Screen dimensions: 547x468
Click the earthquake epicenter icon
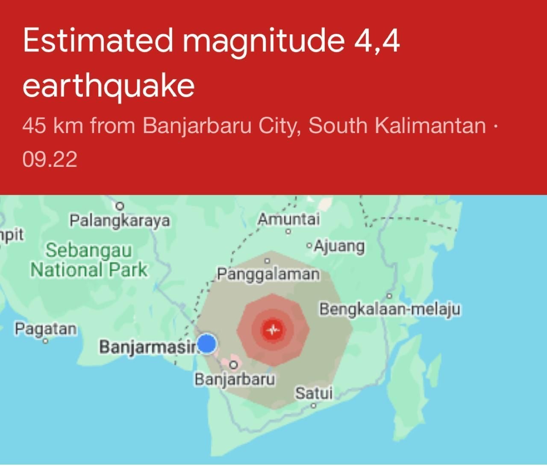point(273,330)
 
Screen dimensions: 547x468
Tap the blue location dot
point(207,344)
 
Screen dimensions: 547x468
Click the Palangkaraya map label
point(120,221)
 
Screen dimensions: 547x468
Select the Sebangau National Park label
point(89,260)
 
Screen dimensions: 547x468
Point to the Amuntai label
point(288,219)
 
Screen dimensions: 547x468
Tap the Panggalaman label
point(268,274)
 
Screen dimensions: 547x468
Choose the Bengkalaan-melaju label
point(390,308)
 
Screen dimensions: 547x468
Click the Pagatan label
point(46,329)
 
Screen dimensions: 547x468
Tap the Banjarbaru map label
point(235,379)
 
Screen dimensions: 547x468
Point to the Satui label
point(314,393)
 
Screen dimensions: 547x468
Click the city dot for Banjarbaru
point(233,365)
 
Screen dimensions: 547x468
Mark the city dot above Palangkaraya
point(120,206)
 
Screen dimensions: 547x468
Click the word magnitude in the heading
point(264,41)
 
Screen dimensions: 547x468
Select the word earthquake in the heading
point(109,86)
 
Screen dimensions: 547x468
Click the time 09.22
point(50,159)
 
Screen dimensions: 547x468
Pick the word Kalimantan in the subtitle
point(430,126)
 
